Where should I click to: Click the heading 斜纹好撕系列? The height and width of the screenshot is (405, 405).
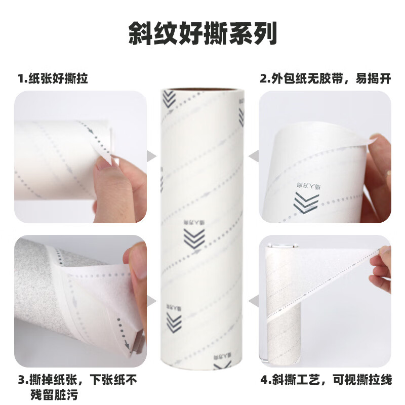pos(202,33)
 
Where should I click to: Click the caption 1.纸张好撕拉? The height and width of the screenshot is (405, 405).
pos(56,78)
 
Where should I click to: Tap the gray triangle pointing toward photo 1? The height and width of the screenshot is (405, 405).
pos(151,156)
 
